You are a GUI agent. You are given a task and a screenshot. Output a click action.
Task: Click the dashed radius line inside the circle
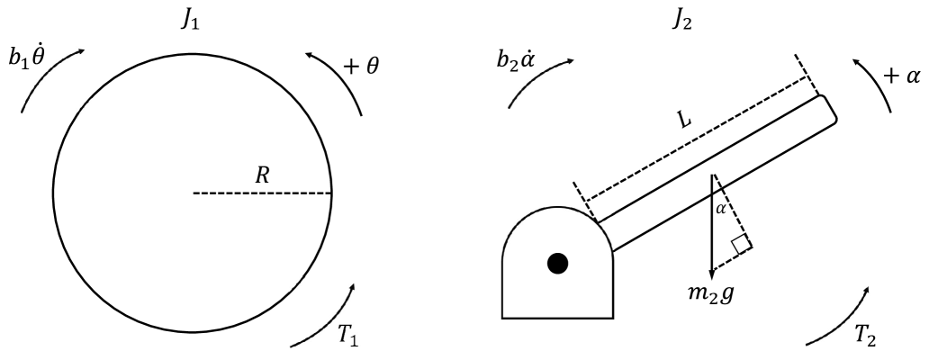262,193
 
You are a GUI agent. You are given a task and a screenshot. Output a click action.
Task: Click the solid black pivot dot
558,263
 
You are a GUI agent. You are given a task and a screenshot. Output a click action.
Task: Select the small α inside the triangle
720,209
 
